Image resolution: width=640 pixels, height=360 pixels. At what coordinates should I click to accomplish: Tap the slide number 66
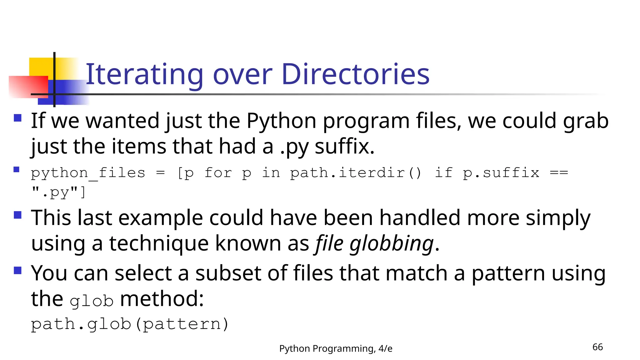point(597,347)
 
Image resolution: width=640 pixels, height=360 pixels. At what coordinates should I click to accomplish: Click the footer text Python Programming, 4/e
point(336,348)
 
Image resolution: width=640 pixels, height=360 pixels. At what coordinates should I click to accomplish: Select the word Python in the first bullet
point(281,121)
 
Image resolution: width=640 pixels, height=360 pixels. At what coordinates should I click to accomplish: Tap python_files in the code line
point(88,173)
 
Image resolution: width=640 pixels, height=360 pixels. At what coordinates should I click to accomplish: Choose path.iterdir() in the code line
point(356,173)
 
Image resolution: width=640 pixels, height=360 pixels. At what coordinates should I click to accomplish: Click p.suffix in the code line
point(501,173)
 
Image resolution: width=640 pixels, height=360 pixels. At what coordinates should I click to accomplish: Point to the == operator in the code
point(559,173)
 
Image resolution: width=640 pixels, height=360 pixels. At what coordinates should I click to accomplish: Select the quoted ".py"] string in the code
point(58,192)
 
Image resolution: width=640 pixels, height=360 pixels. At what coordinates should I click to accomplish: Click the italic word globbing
point(392,244)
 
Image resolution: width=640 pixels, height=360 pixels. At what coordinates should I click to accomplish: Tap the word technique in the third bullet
point(159,244)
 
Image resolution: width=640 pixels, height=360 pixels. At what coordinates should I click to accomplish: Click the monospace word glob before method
point(91,301)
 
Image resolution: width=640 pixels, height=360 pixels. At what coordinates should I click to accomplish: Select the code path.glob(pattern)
point(130,324)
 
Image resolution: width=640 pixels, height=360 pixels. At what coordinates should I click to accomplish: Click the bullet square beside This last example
point(18,215)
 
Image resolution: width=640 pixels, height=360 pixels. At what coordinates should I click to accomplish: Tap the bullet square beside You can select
point(18,270)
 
